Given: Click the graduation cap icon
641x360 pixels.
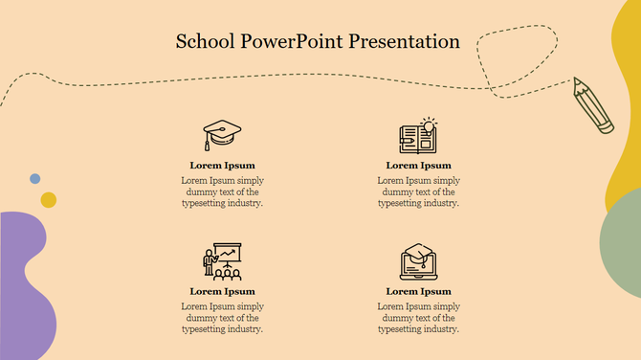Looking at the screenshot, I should pos(222,135).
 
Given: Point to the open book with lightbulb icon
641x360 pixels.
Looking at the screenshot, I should pos(418,135).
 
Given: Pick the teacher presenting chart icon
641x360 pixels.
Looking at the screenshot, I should pos(222,259).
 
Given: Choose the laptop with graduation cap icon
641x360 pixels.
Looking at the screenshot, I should pos(418,260).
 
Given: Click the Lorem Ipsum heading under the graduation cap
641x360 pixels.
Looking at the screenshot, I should pos(222,166).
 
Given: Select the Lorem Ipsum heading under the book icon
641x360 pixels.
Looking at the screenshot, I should pos(418,166).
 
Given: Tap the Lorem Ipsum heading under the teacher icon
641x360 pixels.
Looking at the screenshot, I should pos(222,291).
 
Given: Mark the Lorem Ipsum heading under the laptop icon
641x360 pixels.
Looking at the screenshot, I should pos(418,291).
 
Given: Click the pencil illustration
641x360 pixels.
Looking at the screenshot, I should pos(593,104).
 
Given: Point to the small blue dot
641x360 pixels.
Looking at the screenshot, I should pos(35,179).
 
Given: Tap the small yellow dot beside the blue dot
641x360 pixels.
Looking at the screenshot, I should pos(48,199).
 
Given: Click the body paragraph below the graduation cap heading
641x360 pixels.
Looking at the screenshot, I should pos(222,191).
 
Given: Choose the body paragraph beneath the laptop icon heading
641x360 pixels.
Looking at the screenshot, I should pos(418,317).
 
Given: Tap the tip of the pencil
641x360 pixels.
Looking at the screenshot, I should pos(576,80).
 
